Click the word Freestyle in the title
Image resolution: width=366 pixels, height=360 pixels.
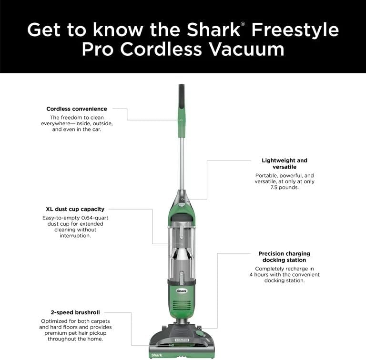(295, 30)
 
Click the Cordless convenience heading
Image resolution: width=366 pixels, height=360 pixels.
(77, 109)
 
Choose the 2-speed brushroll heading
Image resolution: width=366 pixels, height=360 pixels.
(75, 312)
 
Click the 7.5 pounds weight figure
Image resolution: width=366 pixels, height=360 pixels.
(285, 188)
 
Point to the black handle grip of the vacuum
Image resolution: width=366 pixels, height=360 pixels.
(182, 95)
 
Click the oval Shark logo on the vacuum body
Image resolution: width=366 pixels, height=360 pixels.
(182, 290)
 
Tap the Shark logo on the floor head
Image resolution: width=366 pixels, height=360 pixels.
(157, 355)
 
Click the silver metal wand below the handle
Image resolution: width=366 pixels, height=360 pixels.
(182, 162)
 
